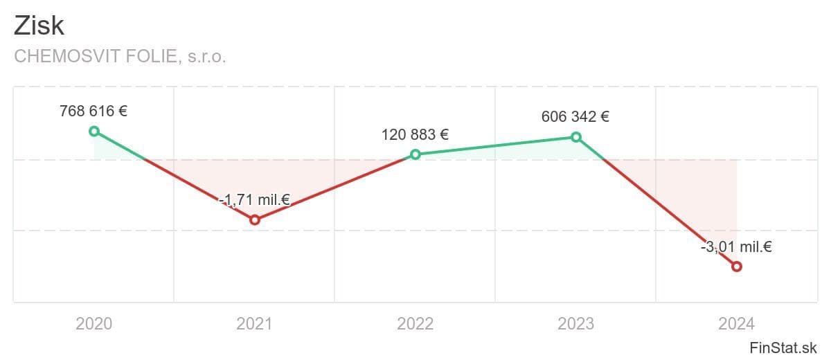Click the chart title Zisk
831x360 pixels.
(x=39, y=25)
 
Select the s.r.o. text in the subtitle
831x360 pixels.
(x=206, y=57)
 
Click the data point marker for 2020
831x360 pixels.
(x=94, y=132)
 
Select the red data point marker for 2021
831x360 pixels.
(x=255, y=219)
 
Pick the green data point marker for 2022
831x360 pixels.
(x=415, y=154)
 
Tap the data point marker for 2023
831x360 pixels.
(x=576, y=137)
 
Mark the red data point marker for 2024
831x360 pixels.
(x=737, y=267)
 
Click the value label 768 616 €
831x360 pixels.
(x=93, y=111)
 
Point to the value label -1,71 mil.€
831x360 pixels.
(x=254, y=201)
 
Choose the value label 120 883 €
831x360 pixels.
(x=415, y=134)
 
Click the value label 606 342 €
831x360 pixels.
(x=575, y=116)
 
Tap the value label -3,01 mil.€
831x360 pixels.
(x=736, y=246)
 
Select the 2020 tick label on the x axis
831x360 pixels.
(x=94, y=323)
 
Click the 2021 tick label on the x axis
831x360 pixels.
(x=255, y=323)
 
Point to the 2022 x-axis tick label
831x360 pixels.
(x=415, y=323)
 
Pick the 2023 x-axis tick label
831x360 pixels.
(x=576, y=323)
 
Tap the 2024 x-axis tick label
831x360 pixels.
(x=737, y=323)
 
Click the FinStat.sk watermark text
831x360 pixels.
(x=783, y=347)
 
